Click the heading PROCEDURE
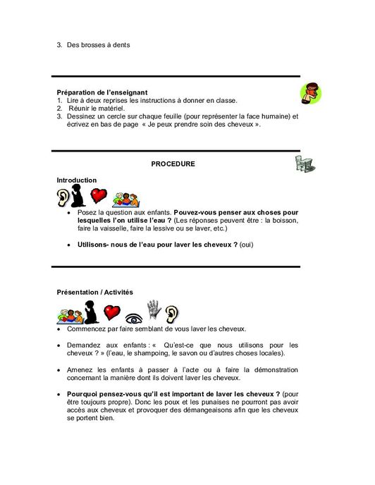[173, 164]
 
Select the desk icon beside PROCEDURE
[305, 164]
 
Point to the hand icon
[154, 309]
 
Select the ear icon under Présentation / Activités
[173, 310]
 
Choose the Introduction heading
[77, 180]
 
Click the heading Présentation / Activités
[94, 292]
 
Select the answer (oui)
[246, 245]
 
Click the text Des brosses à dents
[99, 45]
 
